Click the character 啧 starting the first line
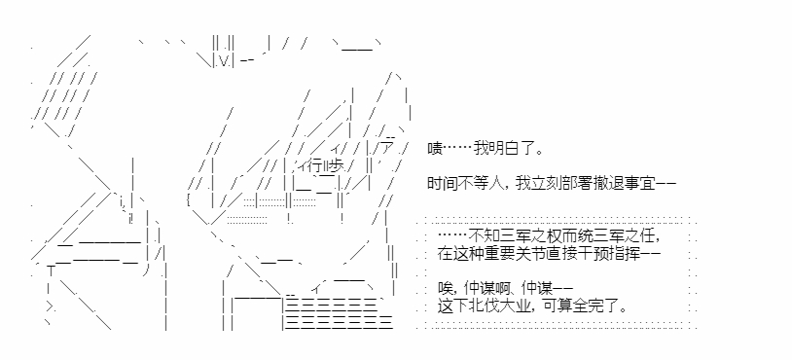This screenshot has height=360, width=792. [435, 149]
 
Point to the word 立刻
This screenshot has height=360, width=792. [530, 184]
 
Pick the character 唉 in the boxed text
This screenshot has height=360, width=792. [445, 288]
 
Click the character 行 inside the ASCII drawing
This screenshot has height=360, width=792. [318, 166]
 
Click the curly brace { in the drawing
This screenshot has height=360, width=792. [189, 201]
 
